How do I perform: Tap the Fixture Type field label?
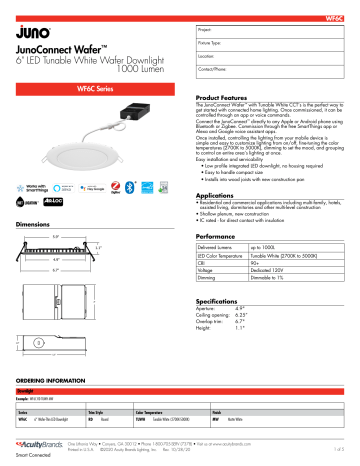[213, 46]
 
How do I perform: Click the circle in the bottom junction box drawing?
[38, 343]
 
